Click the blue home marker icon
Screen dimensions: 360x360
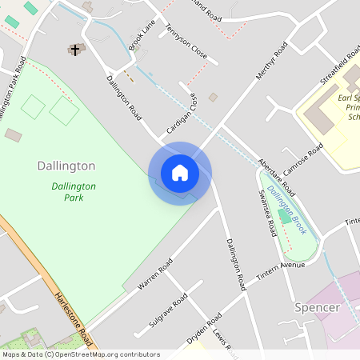point(180,173)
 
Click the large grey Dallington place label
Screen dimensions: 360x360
point(66,166)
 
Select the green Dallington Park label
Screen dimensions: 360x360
point(74,191)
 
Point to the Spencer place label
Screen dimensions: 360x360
point(318,307)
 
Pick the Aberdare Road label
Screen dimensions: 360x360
point(277,176)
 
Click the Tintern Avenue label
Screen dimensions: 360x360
point(281,270)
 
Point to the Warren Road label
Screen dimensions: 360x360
point(154,274)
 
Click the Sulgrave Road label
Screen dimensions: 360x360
point(168,310)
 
